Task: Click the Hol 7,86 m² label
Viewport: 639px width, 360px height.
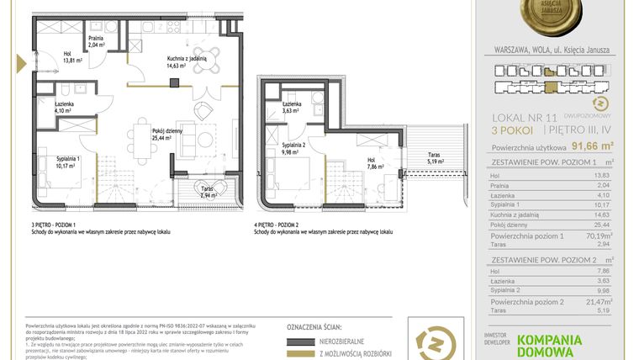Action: (372, 163)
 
